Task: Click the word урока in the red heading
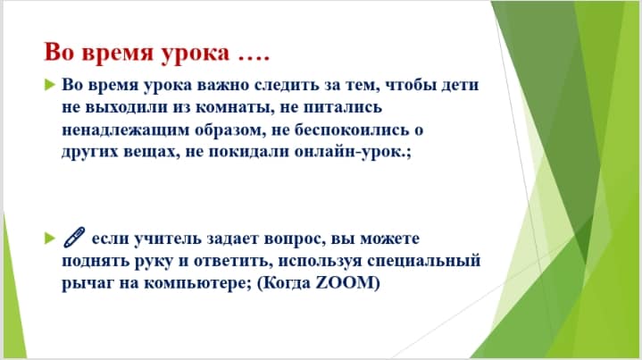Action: click(x=195, y=54)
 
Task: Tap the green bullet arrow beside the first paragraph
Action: click(x=49, y=85)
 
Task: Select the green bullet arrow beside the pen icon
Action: click(x=49, y=238)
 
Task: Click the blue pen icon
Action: click(x=74, y=237)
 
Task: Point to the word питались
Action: click(x=342, y=107)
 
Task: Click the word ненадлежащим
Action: click(x=125, y=130)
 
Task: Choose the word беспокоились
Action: click(x=351, y=130)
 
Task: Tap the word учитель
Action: click(x=168, y=238)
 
